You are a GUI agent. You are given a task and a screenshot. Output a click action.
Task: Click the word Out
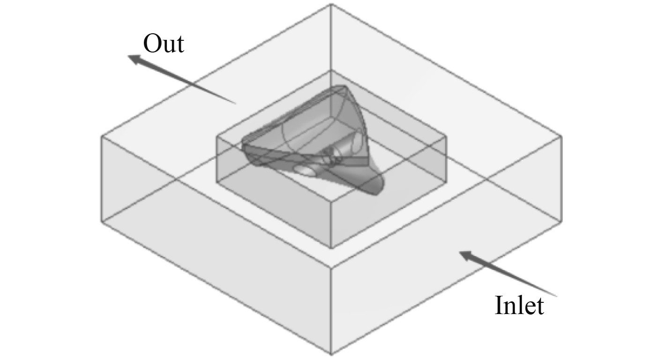[164, 44]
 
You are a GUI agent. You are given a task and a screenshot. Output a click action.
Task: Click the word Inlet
[519, 306]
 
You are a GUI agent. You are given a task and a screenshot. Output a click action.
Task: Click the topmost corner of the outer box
[332, 4]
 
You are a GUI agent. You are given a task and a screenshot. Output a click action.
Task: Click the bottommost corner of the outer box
[332, 354]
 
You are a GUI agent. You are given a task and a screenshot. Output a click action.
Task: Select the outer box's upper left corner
[102, 136]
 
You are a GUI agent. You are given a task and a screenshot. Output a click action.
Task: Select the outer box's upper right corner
[561, 136]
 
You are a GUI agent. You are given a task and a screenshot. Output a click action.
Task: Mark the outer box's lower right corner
[561, 220]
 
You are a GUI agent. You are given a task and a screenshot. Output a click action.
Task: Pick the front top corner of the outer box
[332, 269]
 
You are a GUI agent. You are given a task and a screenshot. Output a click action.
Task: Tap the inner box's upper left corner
[216, 136]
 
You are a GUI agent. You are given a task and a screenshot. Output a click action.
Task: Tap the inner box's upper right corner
[446, 136]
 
